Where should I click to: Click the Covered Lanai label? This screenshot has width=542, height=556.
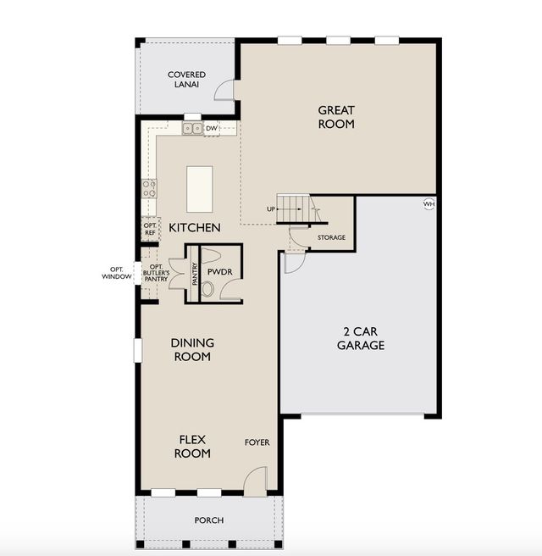pos(186,80)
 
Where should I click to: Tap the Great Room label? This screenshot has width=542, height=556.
pos(336,117)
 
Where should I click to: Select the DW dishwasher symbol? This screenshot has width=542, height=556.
pos(212,128)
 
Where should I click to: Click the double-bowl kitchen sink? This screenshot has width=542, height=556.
pos(192,128)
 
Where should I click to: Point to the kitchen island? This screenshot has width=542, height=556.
pos(200,189)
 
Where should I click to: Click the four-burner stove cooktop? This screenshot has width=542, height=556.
pos(149,189)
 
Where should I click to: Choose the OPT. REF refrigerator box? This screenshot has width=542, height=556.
pos(150,229)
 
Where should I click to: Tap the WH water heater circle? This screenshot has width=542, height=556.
pos(429,204)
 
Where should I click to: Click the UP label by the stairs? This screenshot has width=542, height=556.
pos(271,209)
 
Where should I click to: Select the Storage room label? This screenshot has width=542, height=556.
pos(331,237)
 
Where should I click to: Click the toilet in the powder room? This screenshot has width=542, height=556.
pos(207,289)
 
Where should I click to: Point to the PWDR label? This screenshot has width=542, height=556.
pos(219,272)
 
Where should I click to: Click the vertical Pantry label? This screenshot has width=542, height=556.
pos(195,274)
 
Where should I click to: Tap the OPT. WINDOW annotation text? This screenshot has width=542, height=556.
pos(117,273)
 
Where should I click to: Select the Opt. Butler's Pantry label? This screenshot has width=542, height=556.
pos(156,273)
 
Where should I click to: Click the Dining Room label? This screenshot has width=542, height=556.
pos(192,350)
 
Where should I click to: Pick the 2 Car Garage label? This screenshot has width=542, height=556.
pos(361,338)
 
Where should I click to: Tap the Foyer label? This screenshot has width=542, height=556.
pos(257,442)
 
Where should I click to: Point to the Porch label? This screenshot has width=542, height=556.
pos(209,520)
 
